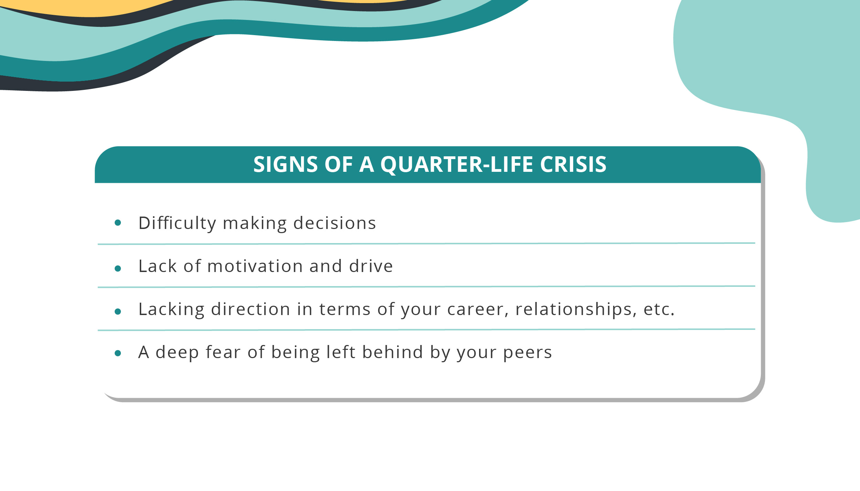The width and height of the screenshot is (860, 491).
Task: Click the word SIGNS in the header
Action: (x=285, y=164)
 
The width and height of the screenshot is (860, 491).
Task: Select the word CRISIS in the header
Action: (x=573, y=164)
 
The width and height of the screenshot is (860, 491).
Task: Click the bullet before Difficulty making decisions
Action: (x=118, y=223)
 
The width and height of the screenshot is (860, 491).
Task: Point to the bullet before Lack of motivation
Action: (x=118, y=269)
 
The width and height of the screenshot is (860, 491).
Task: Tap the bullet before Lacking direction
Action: (x=118, y=312)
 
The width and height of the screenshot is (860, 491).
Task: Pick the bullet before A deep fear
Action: (x=118, y=353)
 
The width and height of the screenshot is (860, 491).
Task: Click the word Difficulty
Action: (x=177, y=223)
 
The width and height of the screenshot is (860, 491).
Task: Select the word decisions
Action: (x=334, y=223)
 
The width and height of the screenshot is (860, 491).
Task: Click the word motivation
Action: (x=255, y=266)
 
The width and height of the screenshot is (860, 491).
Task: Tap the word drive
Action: (x=371, y=266)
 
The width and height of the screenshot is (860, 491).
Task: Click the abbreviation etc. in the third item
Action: (x=659, y=309)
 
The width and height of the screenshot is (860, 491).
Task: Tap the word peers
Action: (x=528, y=352)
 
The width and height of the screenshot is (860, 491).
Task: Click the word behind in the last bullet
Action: (x=392, y=352)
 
